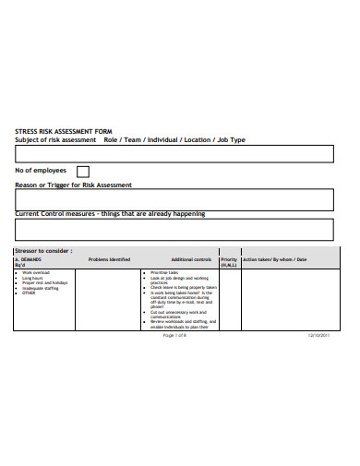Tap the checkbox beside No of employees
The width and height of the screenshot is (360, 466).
tap(83, 172)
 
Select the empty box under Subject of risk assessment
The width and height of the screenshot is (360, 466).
tap(174, 153)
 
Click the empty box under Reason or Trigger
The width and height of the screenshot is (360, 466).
tap(174, 199)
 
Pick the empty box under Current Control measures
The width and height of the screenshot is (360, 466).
tap(174, 229)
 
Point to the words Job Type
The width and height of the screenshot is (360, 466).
tap(231, 139)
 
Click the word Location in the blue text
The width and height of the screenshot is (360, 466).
tap(197, 139)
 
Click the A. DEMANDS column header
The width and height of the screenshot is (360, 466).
tap(29, 261)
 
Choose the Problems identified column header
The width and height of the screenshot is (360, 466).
tap(109, 259)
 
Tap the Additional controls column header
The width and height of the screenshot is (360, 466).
tap(191, 259)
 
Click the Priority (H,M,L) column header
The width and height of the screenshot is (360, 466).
tap(229, 261)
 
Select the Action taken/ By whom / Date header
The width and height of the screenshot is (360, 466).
tap(274, 259)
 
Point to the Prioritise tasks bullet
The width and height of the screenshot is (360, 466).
tap(167, 273)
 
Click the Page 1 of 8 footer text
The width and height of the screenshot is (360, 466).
tap(174, 335)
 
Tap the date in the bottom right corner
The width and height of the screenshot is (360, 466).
tap(319, 335)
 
